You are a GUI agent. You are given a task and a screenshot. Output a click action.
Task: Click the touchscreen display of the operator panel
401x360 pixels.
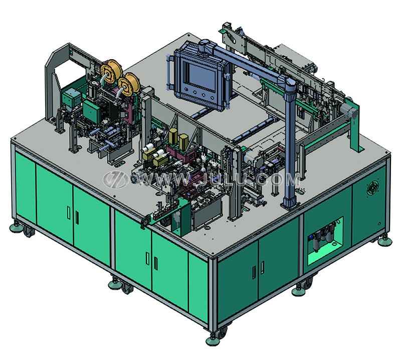[202, 76]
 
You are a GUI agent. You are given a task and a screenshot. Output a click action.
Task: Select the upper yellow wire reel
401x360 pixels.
[111, 71]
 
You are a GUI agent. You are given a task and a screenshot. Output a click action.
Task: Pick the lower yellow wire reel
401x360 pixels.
[129, 84]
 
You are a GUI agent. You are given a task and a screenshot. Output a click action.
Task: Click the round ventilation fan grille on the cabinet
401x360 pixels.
[373, 188]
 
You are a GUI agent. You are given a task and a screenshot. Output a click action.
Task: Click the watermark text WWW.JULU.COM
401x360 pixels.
[219, 179]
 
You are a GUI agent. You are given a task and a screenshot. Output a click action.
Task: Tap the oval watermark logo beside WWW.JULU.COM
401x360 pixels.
[116, 179]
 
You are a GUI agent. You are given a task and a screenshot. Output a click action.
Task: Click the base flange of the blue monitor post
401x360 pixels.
[290, 205]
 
